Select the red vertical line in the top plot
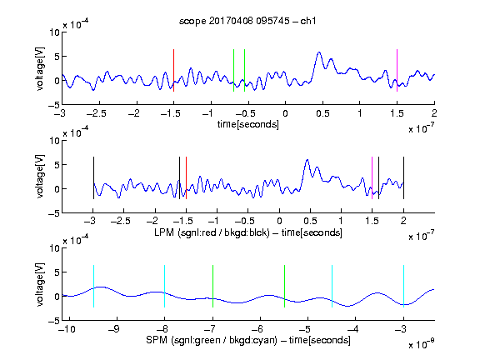pyautogui.click(x=173, y=70)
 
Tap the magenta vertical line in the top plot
pyautogui.click(x=397, y=70)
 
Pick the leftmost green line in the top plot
pyautogui.click(x=233, y=70)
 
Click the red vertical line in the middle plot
pyautogui.click(x=186, y=177)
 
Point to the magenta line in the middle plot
pyautogui.click(x=372, y=177)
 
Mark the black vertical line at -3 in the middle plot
pyautogui.click(x=93, y=177)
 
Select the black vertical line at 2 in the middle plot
pyautogui.click(x=403, y=177)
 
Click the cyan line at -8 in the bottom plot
pyautogui.click(x=164, y=286)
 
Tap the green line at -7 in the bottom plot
pyautogui.click(x=212, y=286)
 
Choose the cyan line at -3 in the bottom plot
pyautogui.click(x=403, y=286)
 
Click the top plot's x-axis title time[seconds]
pyautogui.click(x=248, y=124)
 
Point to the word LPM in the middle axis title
pyautogui.click(x=164, y=232)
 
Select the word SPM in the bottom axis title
pyautogui.click(x=157, y=340)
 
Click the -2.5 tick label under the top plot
pyautogui.click(x=97, y=113)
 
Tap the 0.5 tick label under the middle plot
pyautogui.click(x=310, y=221)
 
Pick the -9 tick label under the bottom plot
pyautogui.click(x=114, y=329)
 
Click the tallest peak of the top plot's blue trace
pyautogui.click(x=319, y=52)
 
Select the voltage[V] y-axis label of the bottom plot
pyautogui.click(x=40, y=284)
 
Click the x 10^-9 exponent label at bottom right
pyautogui.click(x=422, y=344)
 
